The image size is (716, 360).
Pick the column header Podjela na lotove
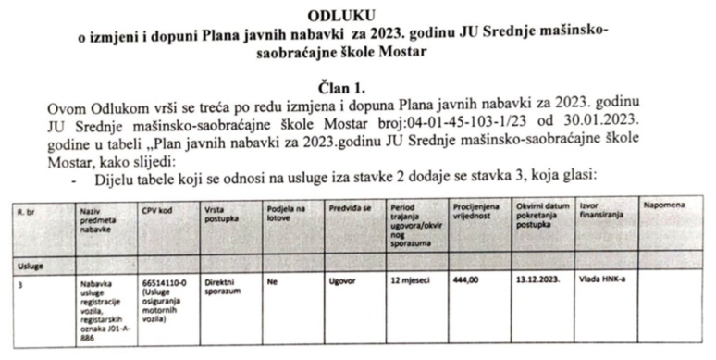[284, 214]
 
